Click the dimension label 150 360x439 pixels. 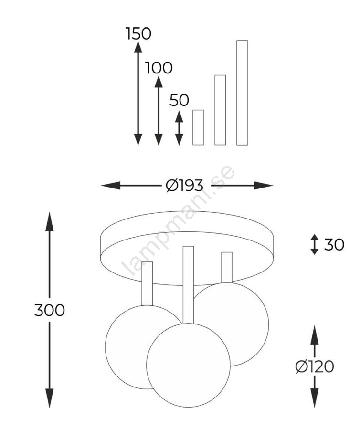pos(138,33)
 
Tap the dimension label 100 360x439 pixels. pos(159,68)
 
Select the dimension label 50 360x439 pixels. pos(180,100)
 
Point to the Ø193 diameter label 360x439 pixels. pos(185,185)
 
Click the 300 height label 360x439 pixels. pos(50,310)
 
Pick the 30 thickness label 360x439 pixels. pos(334,245)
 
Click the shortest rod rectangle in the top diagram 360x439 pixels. pos(198,127)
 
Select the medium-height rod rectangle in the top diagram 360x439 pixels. pos(220,110)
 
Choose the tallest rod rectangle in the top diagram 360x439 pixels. pos(243,93)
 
